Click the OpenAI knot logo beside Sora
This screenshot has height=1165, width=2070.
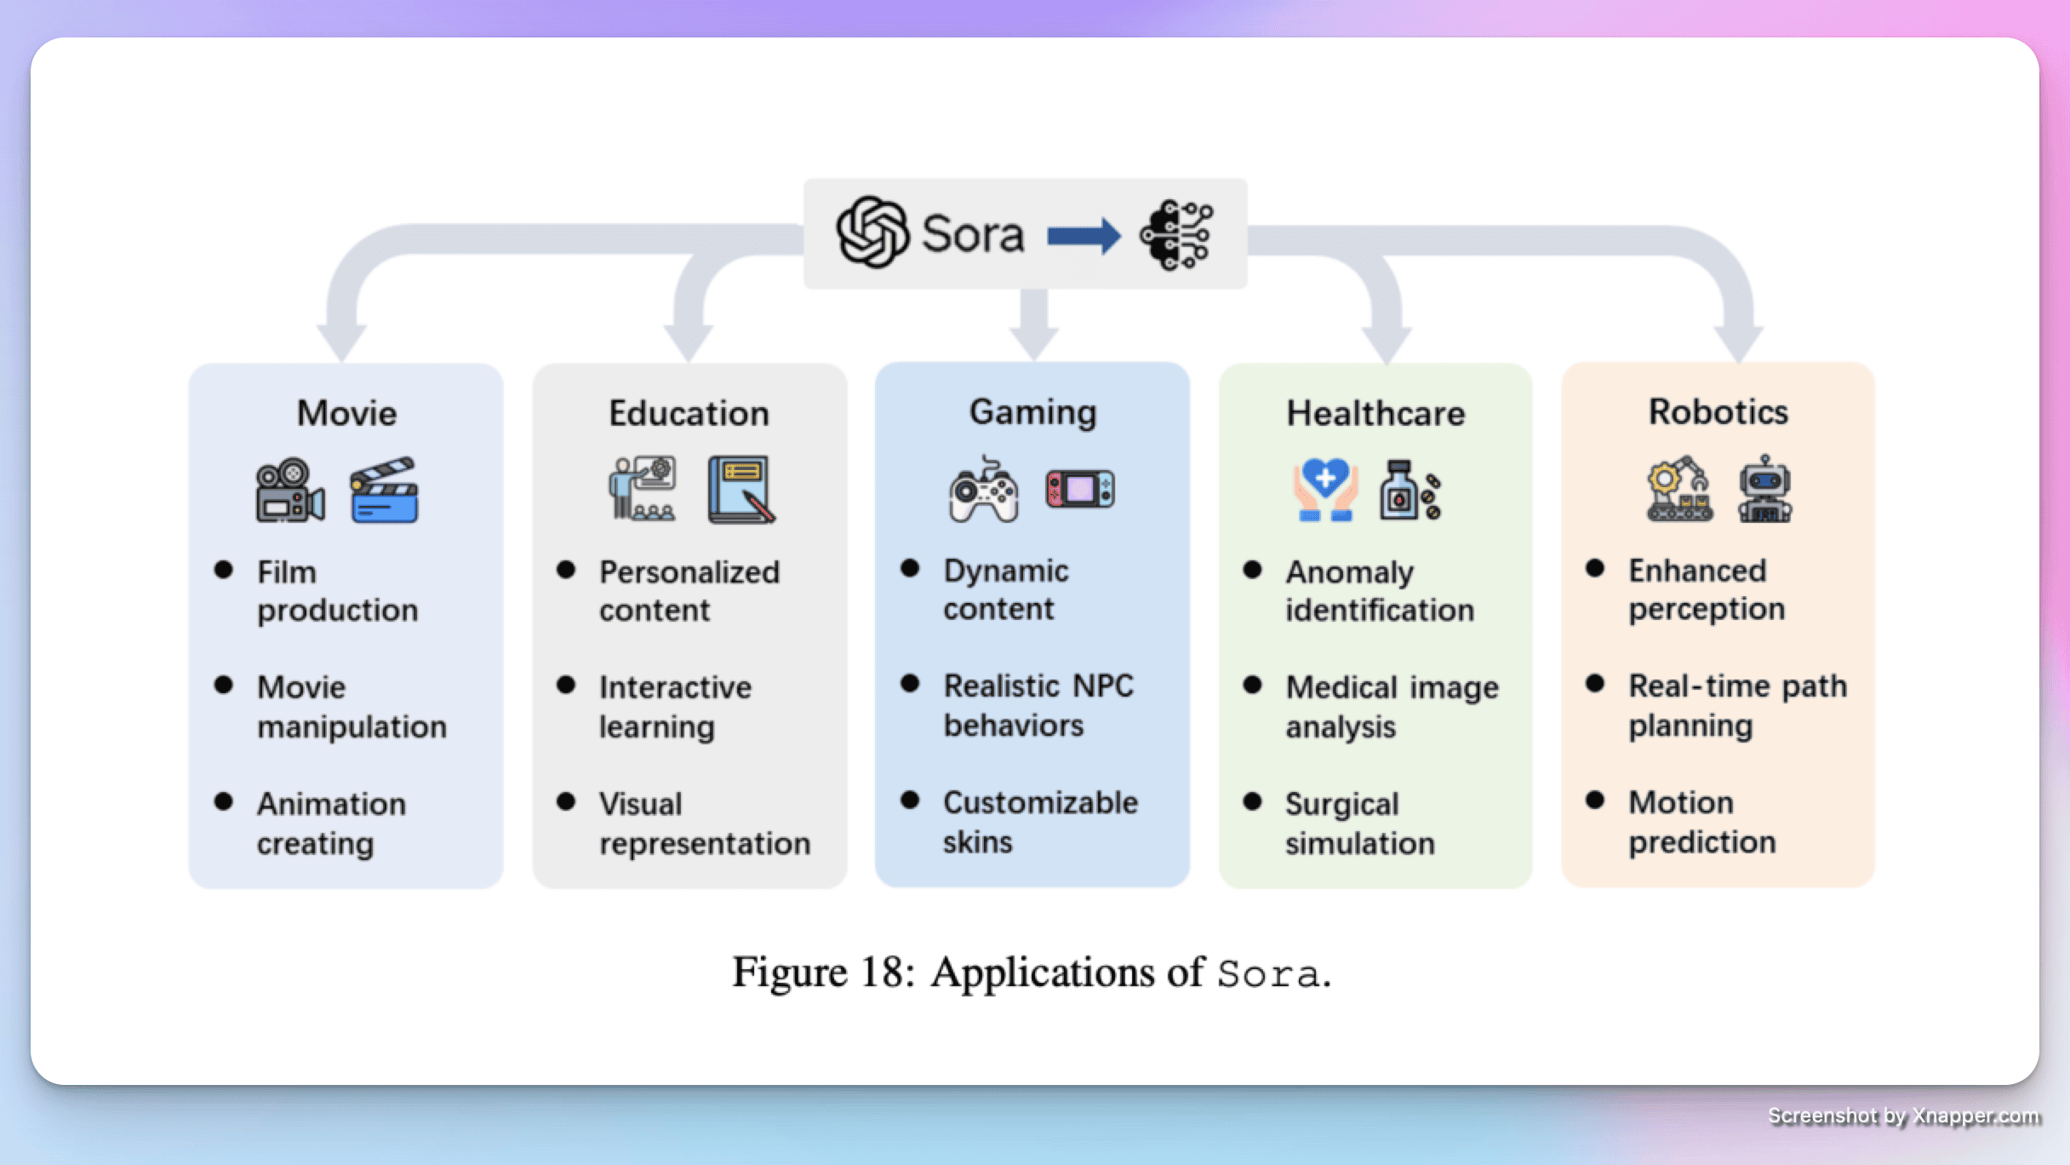(872, 232)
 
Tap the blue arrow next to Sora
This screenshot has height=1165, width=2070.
(1083, 236)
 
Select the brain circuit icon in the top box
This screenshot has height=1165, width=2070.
(1177, 235)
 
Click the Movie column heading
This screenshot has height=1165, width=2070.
(346, 413)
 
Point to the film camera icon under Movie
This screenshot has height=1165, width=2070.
(289, 491)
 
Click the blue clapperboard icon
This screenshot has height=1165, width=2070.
(384, 491)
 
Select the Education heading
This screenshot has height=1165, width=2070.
(689, 413)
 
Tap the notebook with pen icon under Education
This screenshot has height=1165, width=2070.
(741, 490)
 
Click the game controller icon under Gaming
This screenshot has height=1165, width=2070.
(984, 490)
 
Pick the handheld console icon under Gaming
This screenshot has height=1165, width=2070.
(1080, 490)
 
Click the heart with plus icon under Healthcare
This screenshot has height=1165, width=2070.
(1324, 490)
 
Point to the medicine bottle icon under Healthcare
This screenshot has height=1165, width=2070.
(1409, 491)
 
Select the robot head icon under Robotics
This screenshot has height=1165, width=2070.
(1765, 490)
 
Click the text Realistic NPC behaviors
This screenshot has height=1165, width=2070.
(1038, 705)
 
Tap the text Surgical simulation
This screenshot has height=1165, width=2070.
(1359, 823)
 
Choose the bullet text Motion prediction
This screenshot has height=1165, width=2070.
(1701, 822)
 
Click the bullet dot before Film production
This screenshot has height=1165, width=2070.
(224, 570)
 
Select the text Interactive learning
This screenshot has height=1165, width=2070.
(675, 706)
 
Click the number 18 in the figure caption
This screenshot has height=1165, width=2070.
(883, 973)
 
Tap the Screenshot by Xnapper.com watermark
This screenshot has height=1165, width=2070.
(1903, 1116)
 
